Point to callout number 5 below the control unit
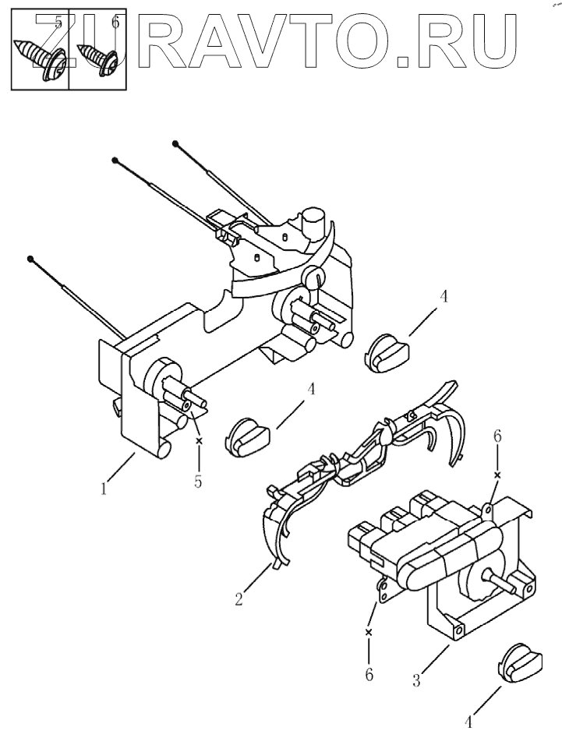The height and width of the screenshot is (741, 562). tap(198, 482)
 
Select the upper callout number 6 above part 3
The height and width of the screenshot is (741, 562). tap(497, 438)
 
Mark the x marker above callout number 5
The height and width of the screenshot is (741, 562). tap(198, 441)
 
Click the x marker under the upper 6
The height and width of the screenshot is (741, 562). tap(497, 473)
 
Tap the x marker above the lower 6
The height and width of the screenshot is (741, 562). tap(369, 632)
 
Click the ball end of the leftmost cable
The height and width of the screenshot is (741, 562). tap(30, 259)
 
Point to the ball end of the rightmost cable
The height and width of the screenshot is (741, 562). tap(177, 143)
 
